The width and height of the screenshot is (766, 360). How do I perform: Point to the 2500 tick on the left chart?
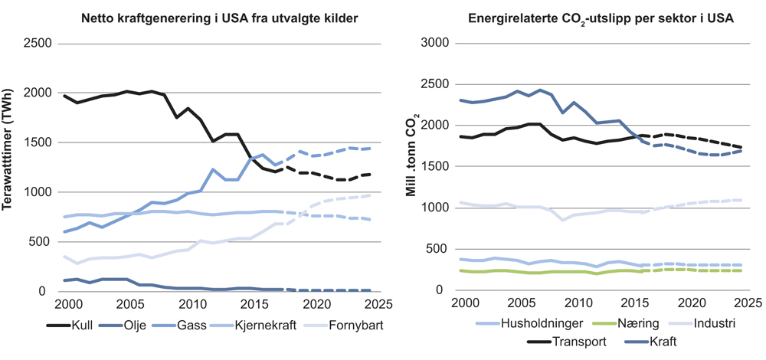tap(39, 43)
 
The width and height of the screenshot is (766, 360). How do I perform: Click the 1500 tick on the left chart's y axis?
tap(39, 142)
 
